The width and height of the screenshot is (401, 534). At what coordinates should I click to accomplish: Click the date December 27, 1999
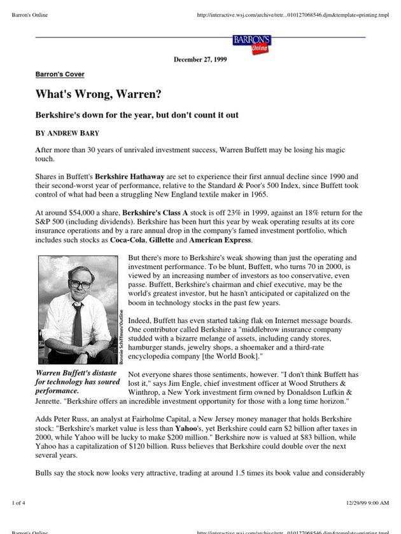point(200,60)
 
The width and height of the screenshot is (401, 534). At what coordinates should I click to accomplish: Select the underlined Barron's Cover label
point(60,74)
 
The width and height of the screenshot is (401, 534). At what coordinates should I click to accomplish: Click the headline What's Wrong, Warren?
point(98,94)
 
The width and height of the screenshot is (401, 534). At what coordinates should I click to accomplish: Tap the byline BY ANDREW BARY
point(67,133)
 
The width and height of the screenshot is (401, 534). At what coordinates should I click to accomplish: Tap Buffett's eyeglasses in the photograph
point(79,284)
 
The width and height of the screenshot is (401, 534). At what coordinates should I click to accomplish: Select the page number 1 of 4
point(19,503)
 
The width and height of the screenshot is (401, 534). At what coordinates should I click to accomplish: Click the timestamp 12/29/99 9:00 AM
point(367,503)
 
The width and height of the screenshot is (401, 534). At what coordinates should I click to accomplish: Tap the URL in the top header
point(293,15)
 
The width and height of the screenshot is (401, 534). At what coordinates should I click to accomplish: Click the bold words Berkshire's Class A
point(153,213)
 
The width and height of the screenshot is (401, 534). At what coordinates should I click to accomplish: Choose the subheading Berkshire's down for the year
point(137,115)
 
